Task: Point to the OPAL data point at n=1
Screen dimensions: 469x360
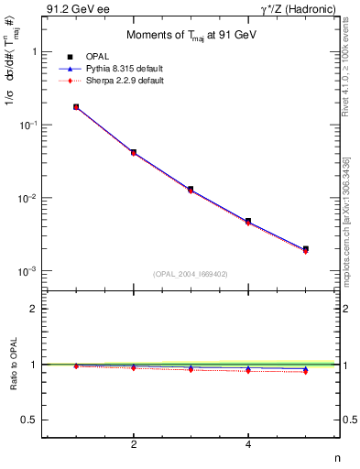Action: click(76, 107)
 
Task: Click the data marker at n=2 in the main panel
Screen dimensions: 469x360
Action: click(134, 152)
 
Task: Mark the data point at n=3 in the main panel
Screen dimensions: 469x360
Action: click(191, 190)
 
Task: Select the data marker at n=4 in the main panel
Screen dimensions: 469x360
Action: click(248, 221)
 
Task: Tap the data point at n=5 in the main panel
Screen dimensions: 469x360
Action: click(305, 248)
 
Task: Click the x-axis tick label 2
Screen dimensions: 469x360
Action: click(134, 444)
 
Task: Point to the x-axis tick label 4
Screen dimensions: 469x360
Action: click(248, 444)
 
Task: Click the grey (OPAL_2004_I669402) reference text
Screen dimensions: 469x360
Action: click(191, 274)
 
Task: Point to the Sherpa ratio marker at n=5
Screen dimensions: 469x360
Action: click(305, 371)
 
